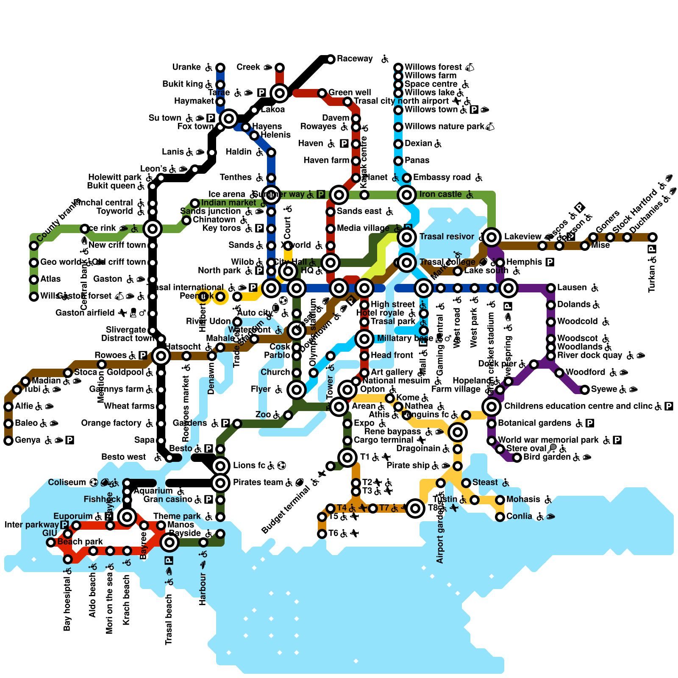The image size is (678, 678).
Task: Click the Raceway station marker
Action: tap(331, 59)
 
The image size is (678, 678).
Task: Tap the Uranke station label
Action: tap(186, 67)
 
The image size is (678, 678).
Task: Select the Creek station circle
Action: tap(280, 67)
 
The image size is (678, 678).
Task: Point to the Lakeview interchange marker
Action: tap(492, 237)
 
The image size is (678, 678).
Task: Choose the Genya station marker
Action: tap(8, 441)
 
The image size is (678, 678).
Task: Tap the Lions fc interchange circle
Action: tap(220, 466)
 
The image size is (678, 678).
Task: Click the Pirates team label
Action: tap(258, 482)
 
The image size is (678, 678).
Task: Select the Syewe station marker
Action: tap(585, 389)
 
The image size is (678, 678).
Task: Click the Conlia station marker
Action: tap(500, 517)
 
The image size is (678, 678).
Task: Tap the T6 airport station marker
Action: tap(322, 534)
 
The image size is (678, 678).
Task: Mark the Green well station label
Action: tap(350, 92)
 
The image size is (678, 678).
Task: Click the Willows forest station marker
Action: tap(398, 67)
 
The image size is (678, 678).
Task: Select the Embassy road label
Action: tap(442, 177)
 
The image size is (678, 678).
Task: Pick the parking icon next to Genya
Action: tap(70, 440)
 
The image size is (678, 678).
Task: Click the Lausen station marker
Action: tap(551, 288)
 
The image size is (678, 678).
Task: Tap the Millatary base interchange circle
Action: tap(364, 339)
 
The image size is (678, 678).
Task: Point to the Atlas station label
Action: tap(50, 279)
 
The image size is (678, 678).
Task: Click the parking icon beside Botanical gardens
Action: tap(590, 423)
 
